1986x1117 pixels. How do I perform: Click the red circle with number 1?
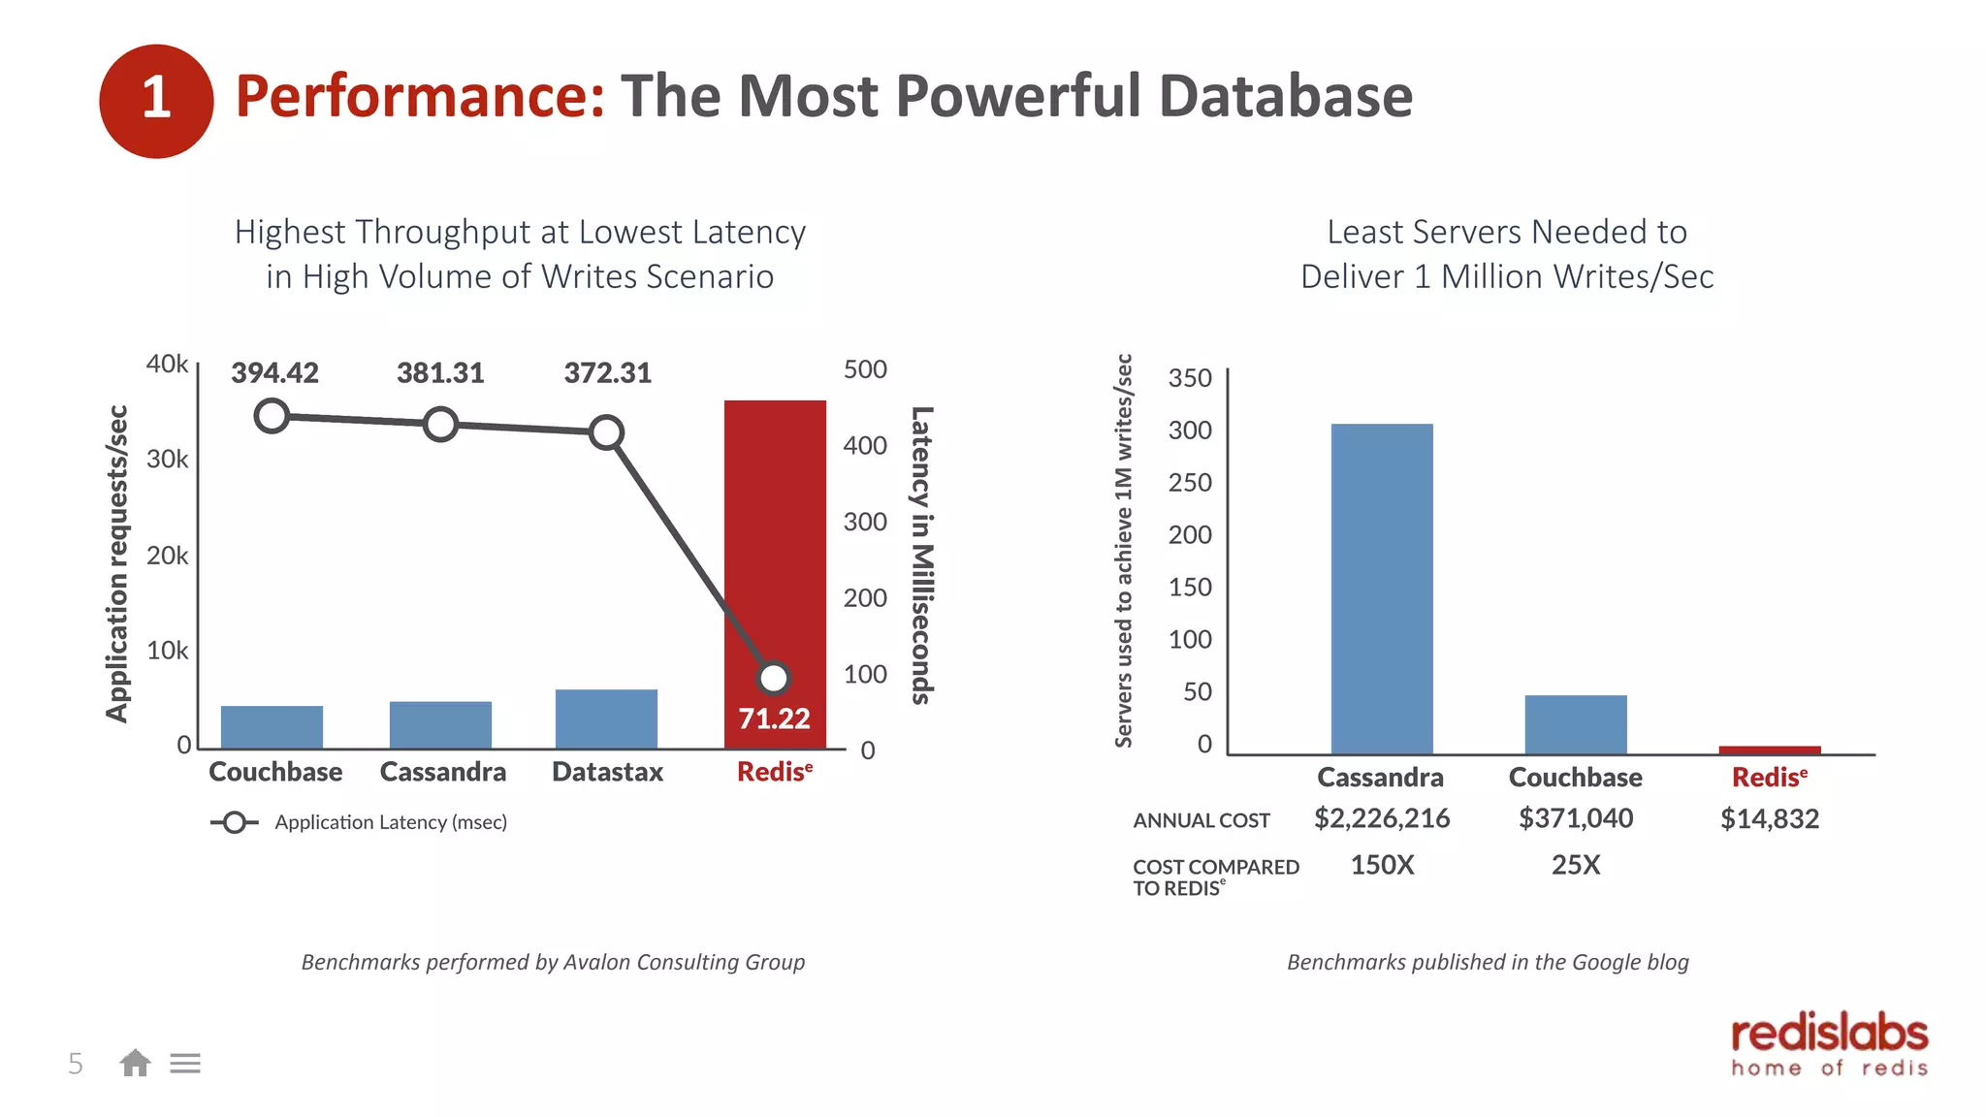pos(156,101)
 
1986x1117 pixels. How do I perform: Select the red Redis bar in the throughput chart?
pos(775,543)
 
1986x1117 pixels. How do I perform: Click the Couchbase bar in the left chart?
pos(272,727)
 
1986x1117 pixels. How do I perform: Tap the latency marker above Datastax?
pos(606,432)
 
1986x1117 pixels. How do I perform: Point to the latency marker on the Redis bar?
pos(774,678)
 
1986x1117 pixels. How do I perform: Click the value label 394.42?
pos(274,373)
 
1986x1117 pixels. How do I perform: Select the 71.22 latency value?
pos(774,718)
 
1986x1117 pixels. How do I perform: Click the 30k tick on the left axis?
pos(168,460)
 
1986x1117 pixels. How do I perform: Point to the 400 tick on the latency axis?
pos(865,446)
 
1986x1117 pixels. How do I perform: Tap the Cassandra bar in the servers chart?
pos(1381,589)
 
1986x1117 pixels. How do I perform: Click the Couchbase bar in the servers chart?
pos(1575,724)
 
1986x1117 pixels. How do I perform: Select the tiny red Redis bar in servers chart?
pos(1769,750)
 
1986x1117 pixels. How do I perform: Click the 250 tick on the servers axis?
pos(1190,483)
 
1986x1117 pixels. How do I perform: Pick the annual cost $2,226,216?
pos(1382,818)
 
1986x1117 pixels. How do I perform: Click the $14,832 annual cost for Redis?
pos(1770,819)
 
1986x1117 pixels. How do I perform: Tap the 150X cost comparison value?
pos(1382,865)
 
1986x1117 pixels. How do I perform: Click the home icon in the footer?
pos(135,1064)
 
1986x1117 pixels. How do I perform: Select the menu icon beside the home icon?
pos(185,1064)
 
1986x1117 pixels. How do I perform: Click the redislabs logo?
pos(1829,1045)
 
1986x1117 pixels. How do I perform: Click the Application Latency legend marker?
pos(234,823)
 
